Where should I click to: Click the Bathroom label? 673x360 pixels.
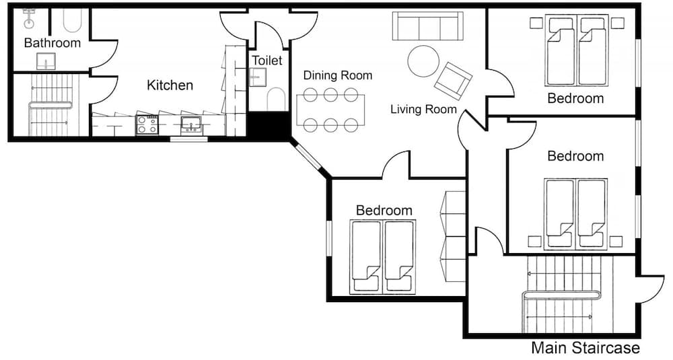(x=52, y=43)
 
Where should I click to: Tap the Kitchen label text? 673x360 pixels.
(x=170, y=85)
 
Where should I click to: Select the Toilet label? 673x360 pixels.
(x=267, y=61)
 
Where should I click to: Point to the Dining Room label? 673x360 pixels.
(x=337, y=75)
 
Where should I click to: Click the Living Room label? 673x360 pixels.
(x=423, y=109)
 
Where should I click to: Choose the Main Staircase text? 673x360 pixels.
(x=585, y=348)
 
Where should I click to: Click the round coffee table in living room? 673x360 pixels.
(x=423, y=61)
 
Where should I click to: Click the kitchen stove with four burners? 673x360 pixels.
(x=147, y=124)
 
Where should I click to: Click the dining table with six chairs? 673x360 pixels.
(x=330, y=110)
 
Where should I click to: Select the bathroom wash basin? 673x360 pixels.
(x=46, y=63)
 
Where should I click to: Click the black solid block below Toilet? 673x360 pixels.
(x=269, y=125)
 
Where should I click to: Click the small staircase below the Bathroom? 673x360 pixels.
(x=50, y=105)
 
